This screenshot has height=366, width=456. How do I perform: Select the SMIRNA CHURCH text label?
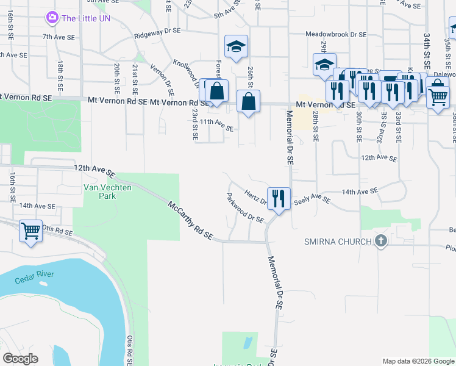coord(338,242)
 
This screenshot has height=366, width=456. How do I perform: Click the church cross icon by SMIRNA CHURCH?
coord(382,241)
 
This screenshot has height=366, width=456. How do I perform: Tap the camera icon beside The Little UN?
coord(52,18)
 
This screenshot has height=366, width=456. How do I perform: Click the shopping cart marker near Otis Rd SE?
coord(30,231)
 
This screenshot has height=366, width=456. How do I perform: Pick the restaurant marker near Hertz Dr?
coord(279,198)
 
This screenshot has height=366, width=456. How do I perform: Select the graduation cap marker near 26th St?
coord(236,46)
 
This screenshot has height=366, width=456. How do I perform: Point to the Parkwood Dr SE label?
coord(244,208)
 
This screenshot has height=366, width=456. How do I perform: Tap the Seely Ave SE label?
coord(312,199)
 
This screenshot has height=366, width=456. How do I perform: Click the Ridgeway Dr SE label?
coord(157,30)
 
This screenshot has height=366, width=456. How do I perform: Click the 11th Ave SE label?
coord(217,125)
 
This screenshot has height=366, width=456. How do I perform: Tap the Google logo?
coord(20,359)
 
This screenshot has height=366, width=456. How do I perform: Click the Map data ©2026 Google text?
coord(418,361)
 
